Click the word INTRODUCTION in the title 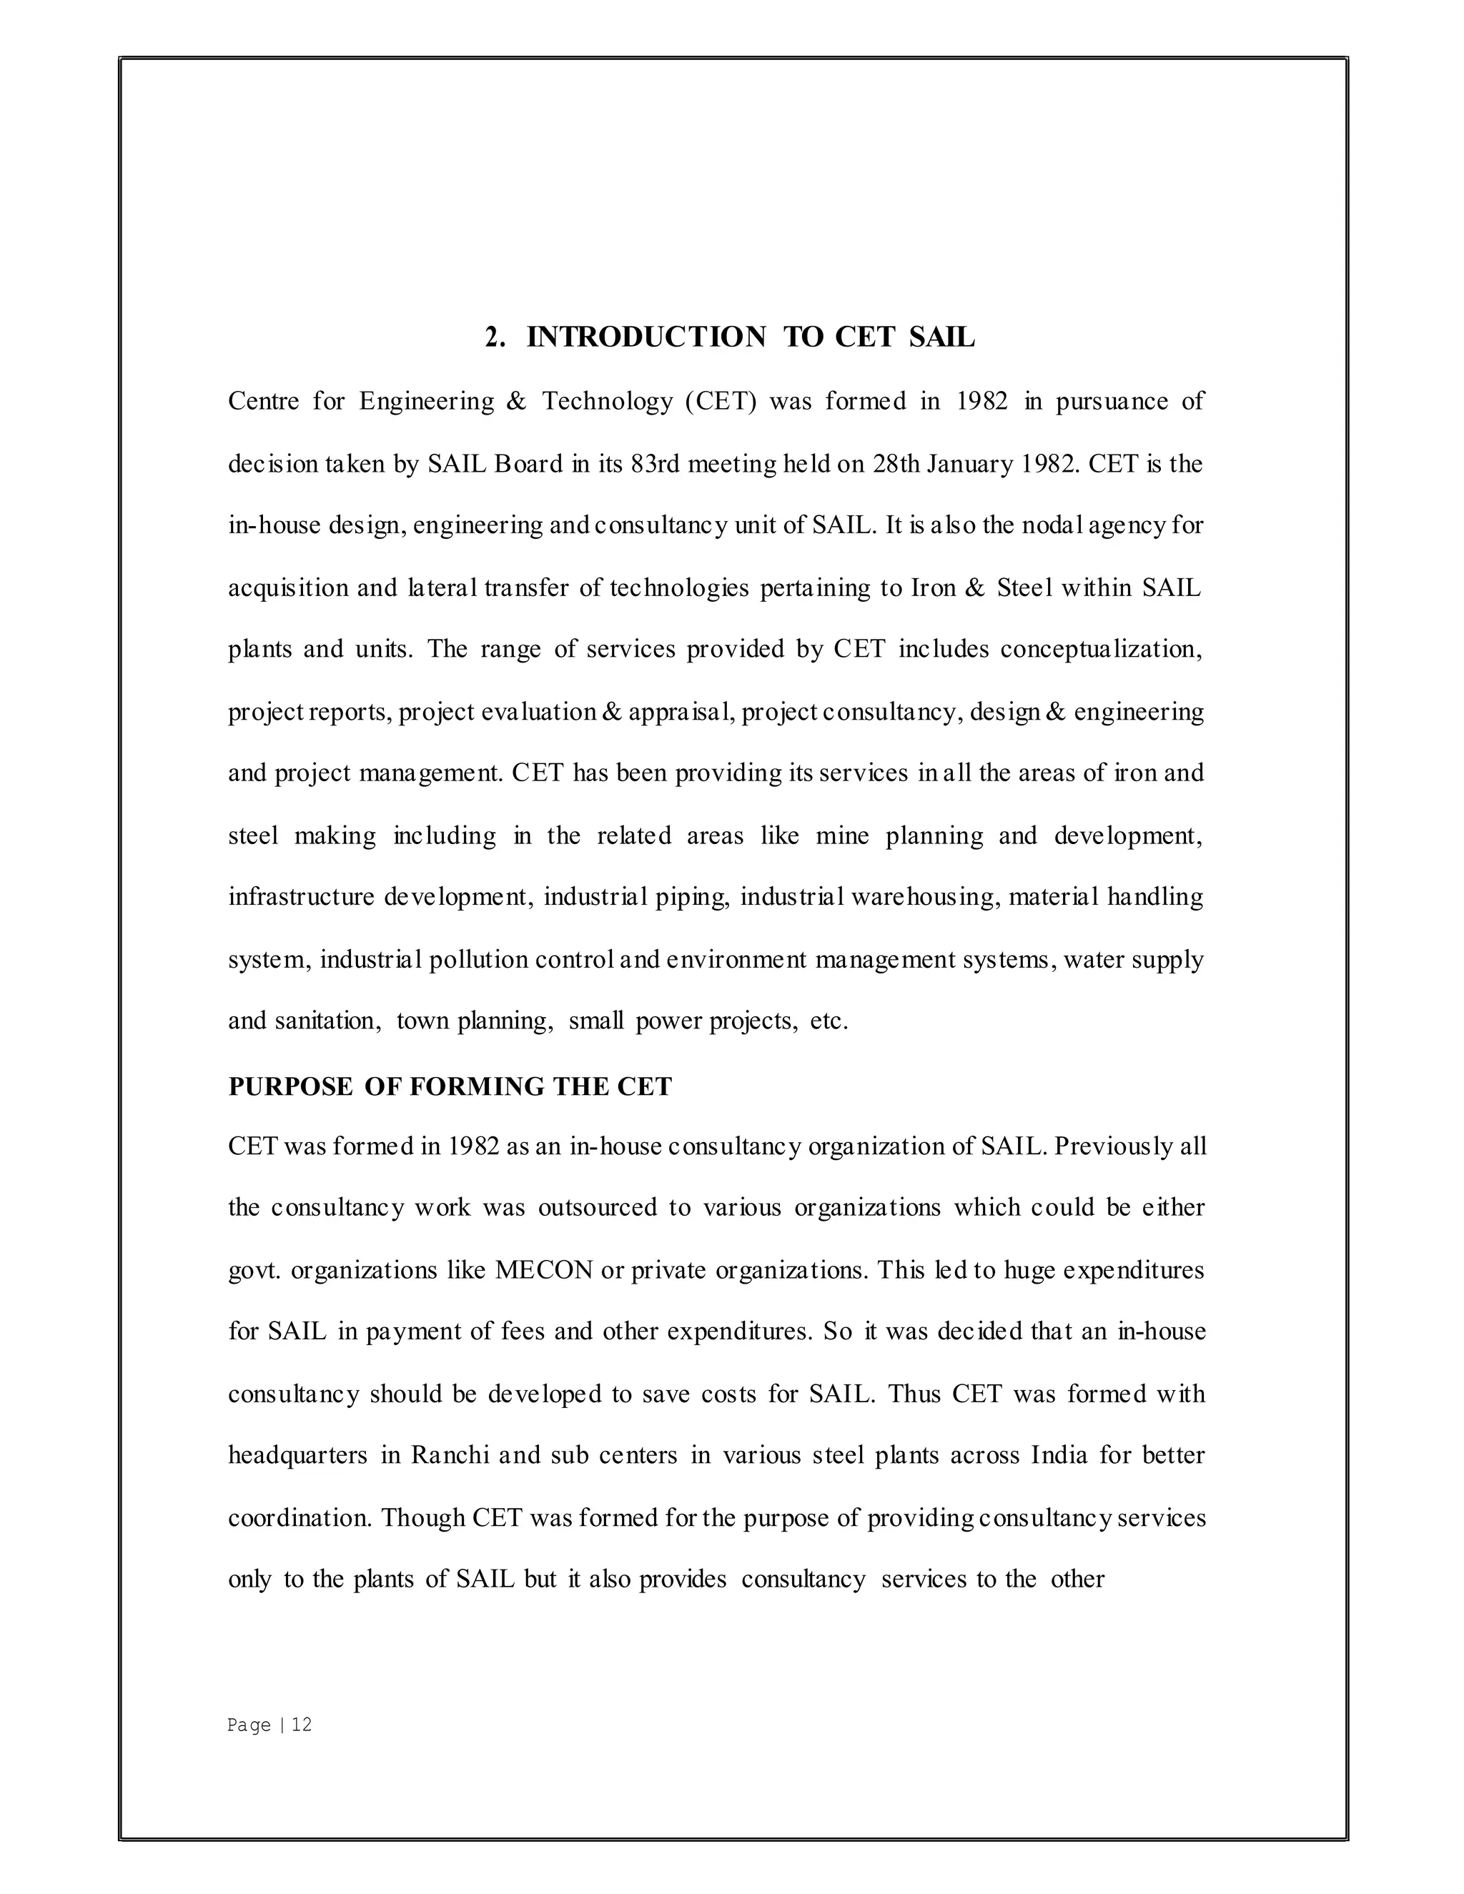(x=646, y=337)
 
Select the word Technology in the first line (x=607, y=402)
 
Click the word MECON (x=544, y=1271)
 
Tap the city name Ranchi (x=450, y=1455)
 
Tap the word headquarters (x=297, y=1455)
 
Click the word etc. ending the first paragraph (x=829, y=1021)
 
